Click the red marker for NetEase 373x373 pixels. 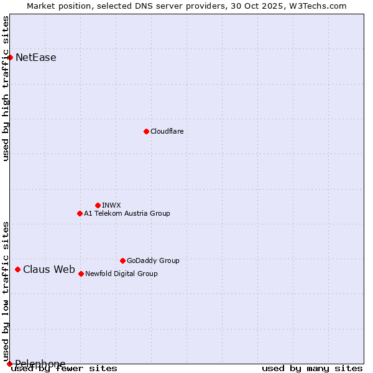(x=10, y=57)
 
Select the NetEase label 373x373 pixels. (x=35, y=58)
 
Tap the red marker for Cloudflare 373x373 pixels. (x=146, y=131)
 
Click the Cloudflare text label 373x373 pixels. (x=167, y=131)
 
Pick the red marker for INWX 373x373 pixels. (x=98, y=205)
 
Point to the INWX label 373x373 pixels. (x=111, y=205)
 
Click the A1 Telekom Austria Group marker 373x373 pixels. (x=80, y=213)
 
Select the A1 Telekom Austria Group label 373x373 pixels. (x=127, y=213)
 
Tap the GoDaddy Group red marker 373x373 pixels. (x=122, y=260)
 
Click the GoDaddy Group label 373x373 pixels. (x=153, y=260)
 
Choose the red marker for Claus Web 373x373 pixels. (x=17, y=269)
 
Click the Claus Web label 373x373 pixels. (x=48, y=269)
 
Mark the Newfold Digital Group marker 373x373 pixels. (x=81, y=274)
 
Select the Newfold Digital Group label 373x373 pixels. (x=121, y=274)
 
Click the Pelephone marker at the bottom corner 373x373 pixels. (x=9, y=364)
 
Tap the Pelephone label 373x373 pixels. (x=40, y=364)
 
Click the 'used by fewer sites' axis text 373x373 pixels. (x=64, y=368)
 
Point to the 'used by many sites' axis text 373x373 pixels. (x=312, y=368)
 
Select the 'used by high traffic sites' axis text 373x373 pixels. (x=6, y=88)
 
